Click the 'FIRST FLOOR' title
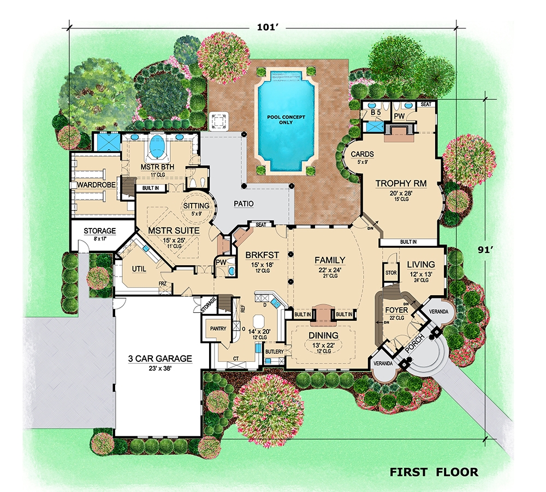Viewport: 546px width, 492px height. tap(434, 472)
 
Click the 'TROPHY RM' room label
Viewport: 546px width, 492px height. tap(401, 184)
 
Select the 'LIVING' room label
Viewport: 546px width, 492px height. tap(421, 265)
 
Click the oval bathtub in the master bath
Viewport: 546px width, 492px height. tap(157, 146)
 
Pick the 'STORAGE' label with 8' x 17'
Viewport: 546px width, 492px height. tap(99, 231)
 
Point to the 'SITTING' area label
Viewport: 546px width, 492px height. tap(196, 206)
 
